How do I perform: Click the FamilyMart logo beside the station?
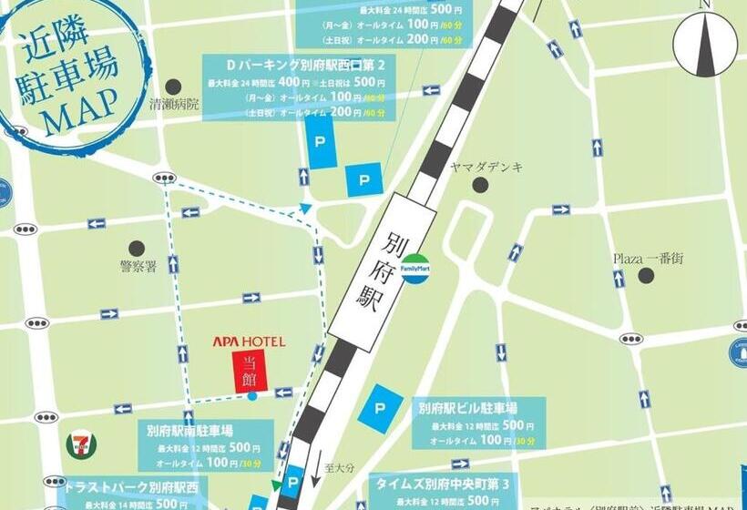pos(416,266)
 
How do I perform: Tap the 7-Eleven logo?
pos(82,444)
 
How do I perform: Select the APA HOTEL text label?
pos(249,342)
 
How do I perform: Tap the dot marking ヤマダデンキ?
pos(480,186)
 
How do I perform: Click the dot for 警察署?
pos(138,248)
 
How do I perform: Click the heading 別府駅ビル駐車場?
pos(468,408)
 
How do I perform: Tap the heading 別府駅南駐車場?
pos(189,431)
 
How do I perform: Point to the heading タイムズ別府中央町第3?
pos(442,484)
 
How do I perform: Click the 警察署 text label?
pos(138,267)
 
